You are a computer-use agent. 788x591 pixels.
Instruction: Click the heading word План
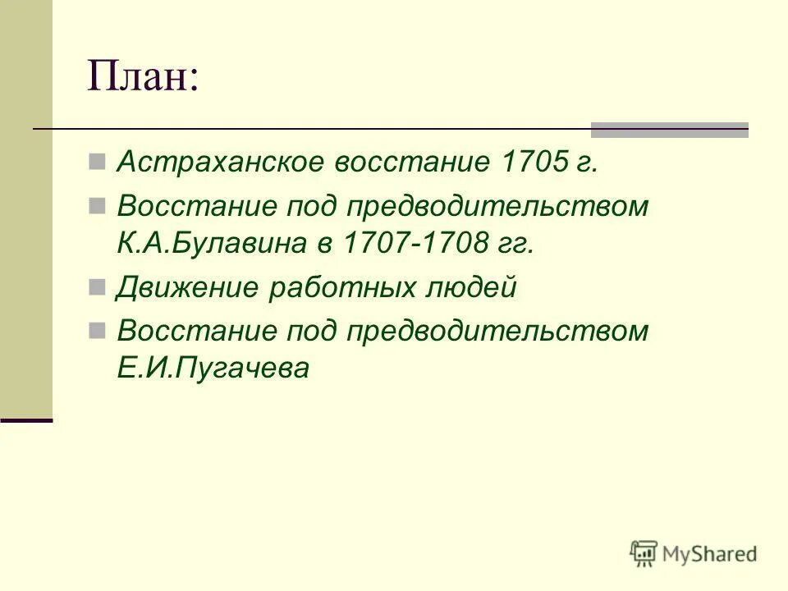pos(143,80)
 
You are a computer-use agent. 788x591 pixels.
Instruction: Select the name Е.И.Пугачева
pos(213,369)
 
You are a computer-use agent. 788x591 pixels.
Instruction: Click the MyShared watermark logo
pos(693,554)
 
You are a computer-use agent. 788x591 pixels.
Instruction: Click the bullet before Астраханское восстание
pos(96,160)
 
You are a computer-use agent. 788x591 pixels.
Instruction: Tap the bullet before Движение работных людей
pos(96,286)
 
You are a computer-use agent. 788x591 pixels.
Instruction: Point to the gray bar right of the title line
pos(670,129)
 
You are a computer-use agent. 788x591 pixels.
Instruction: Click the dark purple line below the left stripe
pos(26,420)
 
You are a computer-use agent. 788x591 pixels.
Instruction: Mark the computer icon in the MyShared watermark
pos(644,554)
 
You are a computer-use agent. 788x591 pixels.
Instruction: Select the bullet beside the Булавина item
pos(96,204)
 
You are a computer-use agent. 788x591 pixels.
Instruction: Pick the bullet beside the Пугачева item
pos(96,329)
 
